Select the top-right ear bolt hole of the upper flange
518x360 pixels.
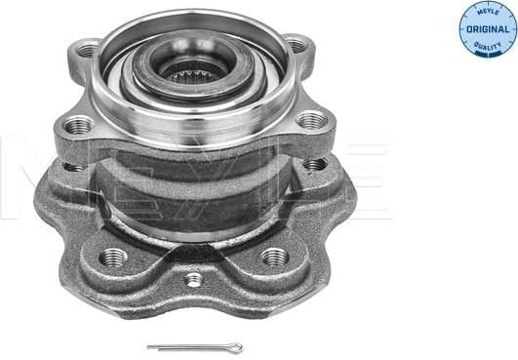pyautogui.click(x=295, y=45)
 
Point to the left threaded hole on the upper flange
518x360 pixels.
pyautogui.click(x=78, y=125)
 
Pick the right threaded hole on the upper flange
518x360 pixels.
pyautogui.click(x=312, y=120)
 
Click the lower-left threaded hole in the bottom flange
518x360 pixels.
pyautogui.click(x=113, y=258)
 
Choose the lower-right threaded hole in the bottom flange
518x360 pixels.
pyautogui.click(x=275, y=257)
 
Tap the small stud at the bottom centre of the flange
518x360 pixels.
pyautogui.click(x=194, y=280)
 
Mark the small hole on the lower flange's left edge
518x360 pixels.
pyautogui.click(x=72, y=167)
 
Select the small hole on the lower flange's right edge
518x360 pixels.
pyautogui.click(x=314, y=164)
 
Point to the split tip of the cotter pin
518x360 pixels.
pyautogui.click(x=150, y=347)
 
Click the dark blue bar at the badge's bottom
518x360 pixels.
pyautogui.click(x=488, y=52)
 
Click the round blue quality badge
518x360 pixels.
pyautogui.click(x=488, y=28)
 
